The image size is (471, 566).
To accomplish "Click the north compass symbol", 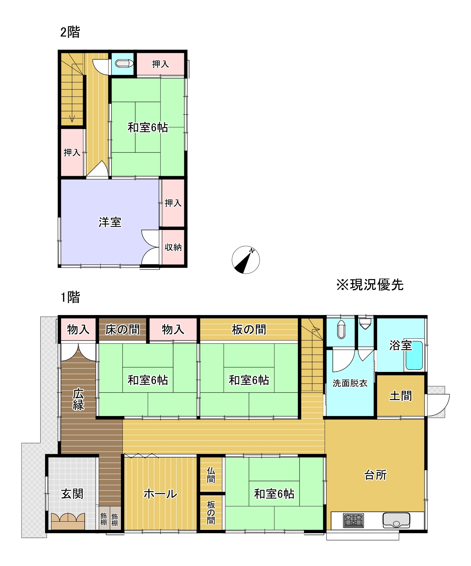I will pos(246,260).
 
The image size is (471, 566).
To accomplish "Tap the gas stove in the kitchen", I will pos(353,520).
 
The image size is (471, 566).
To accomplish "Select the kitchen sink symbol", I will pos(396,520).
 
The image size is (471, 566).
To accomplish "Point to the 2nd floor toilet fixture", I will pos(124,63).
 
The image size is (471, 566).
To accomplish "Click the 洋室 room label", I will pos(110,222).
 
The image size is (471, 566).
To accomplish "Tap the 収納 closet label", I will pos(173,247).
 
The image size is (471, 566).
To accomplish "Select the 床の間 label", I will pos(122,329).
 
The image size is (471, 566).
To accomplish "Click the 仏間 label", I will pos(211,475).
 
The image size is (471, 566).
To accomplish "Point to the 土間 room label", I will pos(401,396).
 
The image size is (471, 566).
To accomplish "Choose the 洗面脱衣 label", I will pos(350,383).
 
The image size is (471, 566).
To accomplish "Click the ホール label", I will pos(160,494).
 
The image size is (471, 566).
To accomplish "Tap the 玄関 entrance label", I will pos(72,494).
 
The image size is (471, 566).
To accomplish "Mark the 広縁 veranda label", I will pos(78,400).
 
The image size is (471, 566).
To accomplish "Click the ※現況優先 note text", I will pos(370,285).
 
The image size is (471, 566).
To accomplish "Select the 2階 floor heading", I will pos(70,32).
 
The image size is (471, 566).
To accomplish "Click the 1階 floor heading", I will pos(70,297).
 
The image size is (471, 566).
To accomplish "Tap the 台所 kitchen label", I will pos(375,475).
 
